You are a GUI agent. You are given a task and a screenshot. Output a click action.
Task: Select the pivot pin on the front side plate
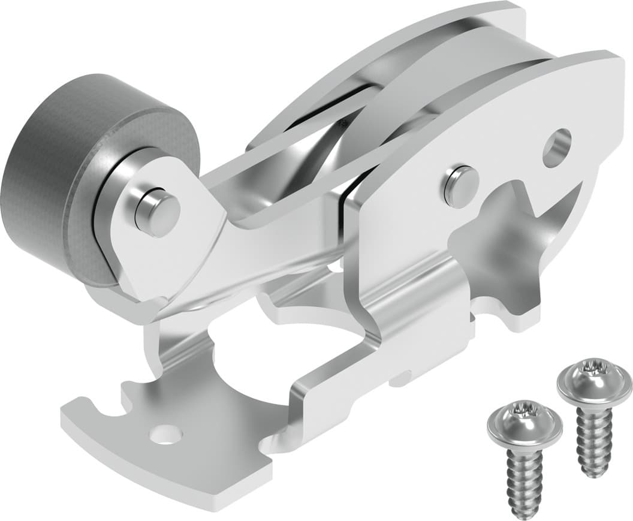pyautogui.click(x=461, y=185)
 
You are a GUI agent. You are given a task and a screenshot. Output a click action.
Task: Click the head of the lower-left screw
pyautogui.click(x=523, y=426)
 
